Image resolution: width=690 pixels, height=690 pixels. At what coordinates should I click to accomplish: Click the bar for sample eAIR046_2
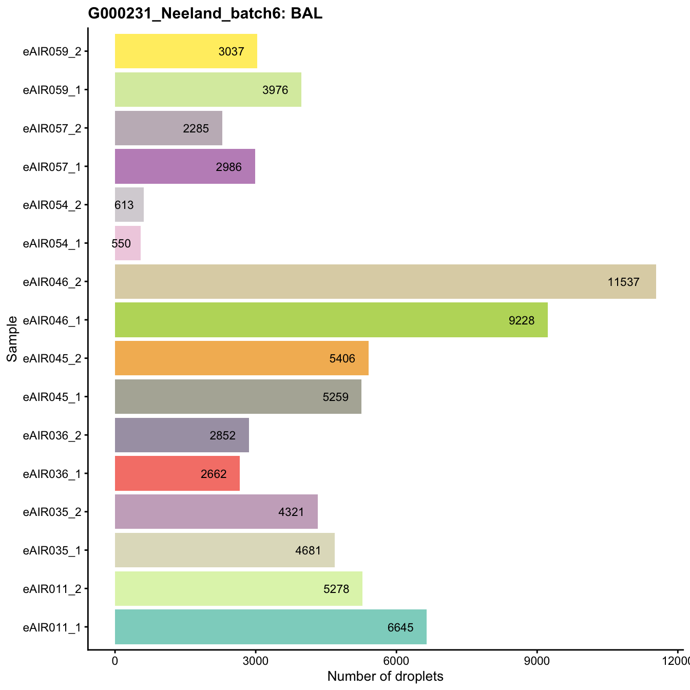click(x=385, y=281)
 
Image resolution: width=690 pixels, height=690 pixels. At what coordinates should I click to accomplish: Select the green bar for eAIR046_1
click(x=331, y=320)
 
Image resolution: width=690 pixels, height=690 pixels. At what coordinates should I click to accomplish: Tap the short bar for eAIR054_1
click(x=128, y=243)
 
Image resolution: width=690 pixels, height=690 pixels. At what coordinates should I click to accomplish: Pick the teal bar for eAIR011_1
click(x=271, y=627)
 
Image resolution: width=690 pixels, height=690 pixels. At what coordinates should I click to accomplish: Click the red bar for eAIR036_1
click(x=177, y=473)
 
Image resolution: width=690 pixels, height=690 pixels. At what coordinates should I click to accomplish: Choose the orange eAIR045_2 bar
click(x=241, y=358)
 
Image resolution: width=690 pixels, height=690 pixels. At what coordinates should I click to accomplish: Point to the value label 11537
click(x=623, y=282)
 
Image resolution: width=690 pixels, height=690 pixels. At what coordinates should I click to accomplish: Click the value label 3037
click(x=231, y=51)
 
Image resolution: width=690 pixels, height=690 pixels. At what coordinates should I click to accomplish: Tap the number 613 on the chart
click(x=124, y=205)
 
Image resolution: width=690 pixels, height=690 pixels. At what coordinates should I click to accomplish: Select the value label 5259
click(x=335, y=397)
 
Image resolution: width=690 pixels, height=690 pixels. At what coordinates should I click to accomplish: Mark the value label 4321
click(x=291, y=512)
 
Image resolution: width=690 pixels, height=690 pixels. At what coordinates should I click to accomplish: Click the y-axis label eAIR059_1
click(x=52, y=89)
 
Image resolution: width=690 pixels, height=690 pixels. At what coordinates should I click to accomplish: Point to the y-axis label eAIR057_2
click(x=52, y=128)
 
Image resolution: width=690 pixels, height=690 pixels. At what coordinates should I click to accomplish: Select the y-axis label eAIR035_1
click(x=52, y=550)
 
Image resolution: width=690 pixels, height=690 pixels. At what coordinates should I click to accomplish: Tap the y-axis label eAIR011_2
click(x=52, y=588)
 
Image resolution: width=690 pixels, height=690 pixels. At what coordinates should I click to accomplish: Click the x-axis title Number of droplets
click(x=385, y=677)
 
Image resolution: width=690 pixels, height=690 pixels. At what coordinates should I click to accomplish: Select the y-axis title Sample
click(x=12, y=339)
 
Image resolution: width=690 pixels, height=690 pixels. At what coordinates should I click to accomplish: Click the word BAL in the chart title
click(x=306, y=14)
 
